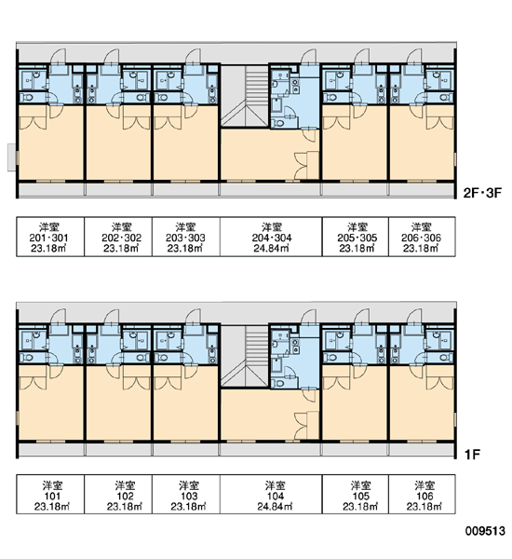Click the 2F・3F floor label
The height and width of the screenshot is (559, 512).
482,193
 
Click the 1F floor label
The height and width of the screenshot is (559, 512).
473,455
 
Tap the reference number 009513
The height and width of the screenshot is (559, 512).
485,531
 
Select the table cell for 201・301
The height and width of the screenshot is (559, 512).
50,237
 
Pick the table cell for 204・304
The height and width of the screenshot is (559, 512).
271,237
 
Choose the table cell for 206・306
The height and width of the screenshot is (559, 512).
422,237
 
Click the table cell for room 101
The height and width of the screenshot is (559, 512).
50,494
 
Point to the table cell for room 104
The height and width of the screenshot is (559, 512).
271,494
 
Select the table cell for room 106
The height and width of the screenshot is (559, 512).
422,494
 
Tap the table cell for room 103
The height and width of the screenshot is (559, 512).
186,494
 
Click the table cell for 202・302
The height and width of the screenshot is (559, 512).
118,237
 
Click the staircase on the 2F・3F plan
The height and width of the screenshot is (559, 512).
245,96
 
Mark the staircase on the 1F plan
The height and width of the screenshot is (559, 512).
245,356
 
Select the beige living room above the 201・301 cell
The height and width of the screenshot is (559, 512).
50,143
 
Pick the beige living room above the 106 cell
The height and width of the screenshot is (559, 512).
422,402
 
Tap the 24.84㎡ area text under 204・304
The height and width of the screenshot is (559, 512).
271,248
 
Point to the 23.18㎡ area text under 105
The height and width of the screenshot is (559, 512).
360,506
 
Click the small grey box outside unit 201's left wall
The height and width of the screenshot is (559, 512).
12,157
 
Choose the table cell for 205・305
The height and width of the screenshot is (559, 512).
356,237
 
